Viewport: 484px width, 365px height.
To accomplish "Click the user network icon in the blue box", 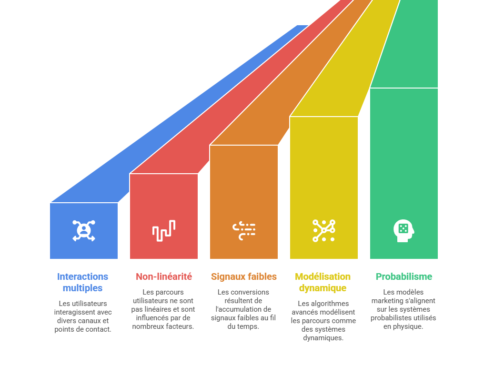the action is pos(84,231).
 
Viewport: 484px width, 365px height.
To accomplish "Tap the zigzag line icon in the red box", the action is pos(164,231).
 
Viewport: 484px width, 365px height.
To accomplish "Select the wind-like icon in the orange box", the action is pos(244,231).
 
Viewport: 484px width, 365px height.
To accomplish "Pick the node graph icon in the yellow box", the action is pos(324,231).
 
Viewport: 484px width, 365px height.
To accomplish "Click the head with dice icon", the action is pos(404,231).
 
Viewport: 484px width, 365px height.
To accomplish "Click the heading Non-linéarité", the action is pos(164,276).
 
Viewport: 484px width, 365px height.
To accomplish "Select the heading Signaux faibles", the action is pos(244,276).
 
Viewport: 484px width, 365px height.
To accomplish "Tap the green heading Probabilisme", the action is pos(404,276).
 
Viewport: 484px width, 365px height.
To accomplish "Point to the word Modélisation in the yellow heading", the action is pos(323,276).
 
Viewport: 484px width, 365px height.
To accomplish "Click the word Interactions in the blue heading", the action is pos(83,276).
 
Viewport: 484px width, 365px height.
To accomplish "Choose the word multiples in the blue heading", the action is pos(83,288).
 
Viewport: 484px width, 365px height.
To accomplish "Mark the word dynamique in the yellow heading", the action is pos(323,288).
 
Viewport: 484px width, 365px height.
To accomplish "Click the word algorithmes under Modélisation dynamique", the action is pos(330,304).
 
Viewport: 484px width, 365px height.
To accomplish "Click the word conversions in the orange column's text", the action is pos(250,292).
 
